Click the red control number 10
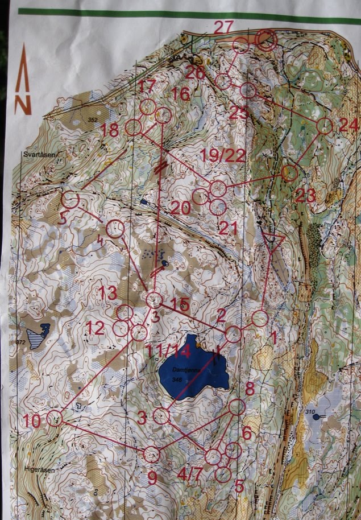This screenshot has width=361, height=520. coord(32,422)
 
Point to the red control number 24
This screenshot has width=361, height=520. coord(348,126)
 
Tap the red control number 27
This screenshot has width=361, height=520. coord(225,27)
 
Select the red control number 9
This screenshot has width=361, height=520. coord(152,478)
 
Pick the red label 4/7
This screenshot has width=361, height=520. coord(190,473)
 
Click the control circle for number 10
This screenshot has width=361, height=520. coord(54,418)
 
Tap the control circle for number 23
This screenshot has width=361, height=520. coord(289,173)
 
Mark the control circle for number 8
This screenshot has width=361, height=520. coord(237,406)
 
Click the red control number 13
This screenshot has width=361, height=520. coord(107,293)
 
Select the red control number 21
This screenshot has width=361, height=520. coord(227,228)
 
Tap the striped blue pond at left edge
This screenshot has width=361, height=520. coord(39,335)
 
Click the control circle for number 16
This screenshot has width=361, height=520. coord(163,115)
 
